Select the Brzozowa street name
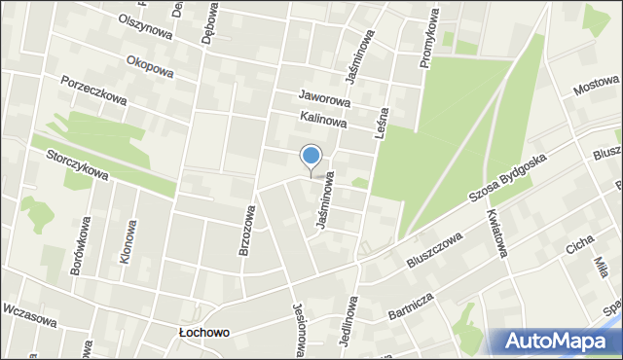pos(247,230)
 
